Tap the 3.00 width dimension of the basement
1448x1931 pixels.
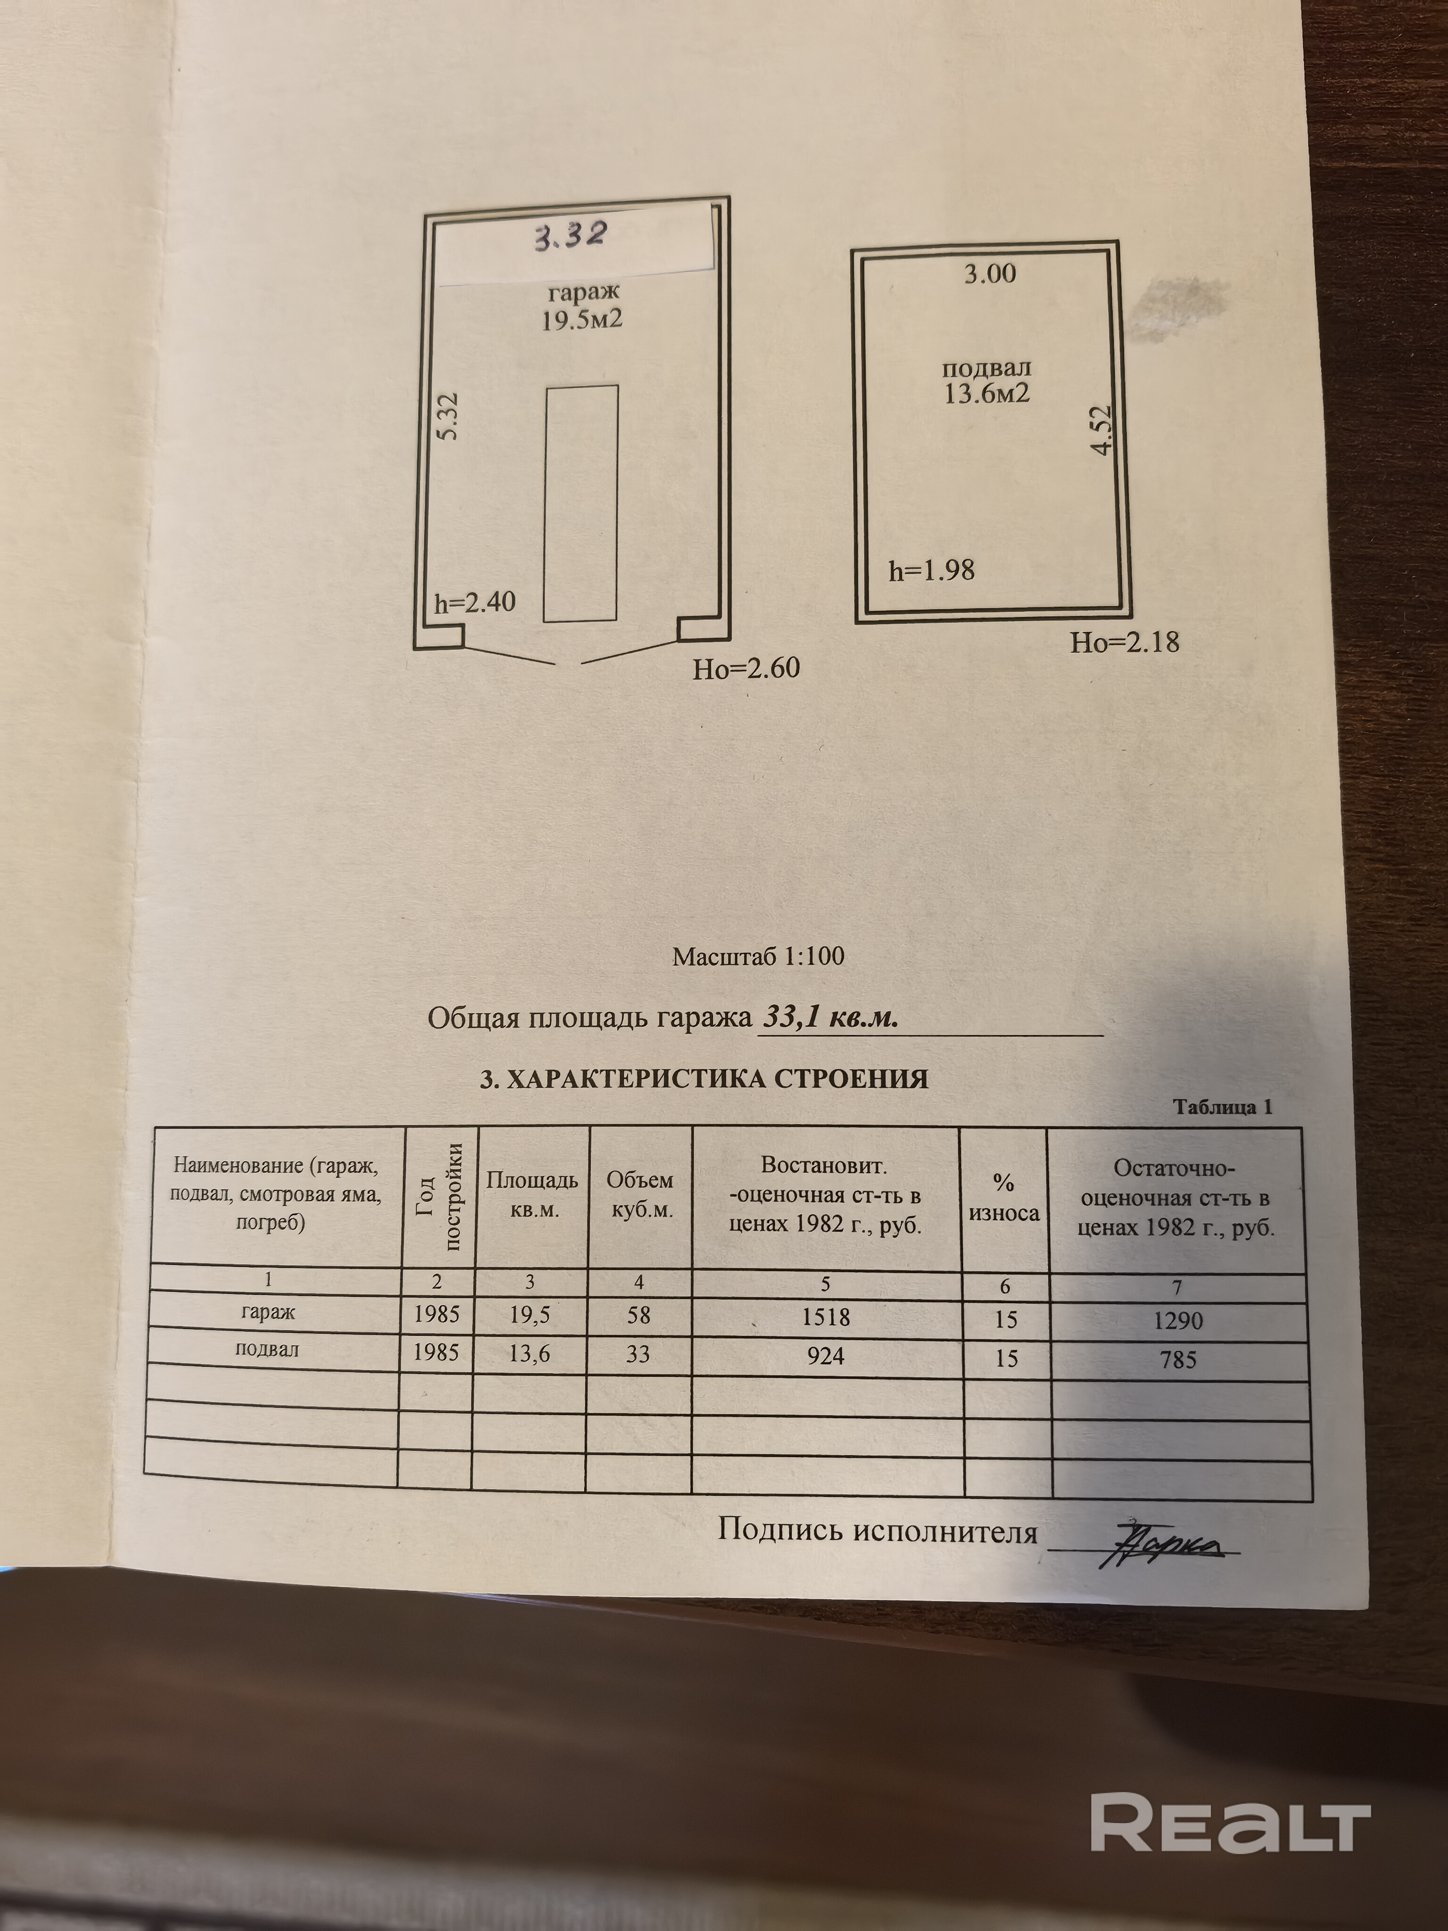[990, 274]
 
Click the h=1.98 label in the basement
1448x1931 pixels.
[931, 571]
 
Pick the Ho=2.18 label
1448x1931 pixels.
[1125, 643]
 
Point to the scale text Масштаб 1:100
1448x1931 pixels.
[757, 957]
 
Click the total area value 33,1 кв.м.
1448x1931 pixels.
[830, 1017]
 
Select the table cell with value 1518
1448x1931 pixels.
[826, 1316]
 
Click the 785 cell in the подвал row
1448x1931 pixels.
[1178, 1359]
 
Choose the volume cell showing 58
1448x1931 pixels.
[639, 1315]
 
